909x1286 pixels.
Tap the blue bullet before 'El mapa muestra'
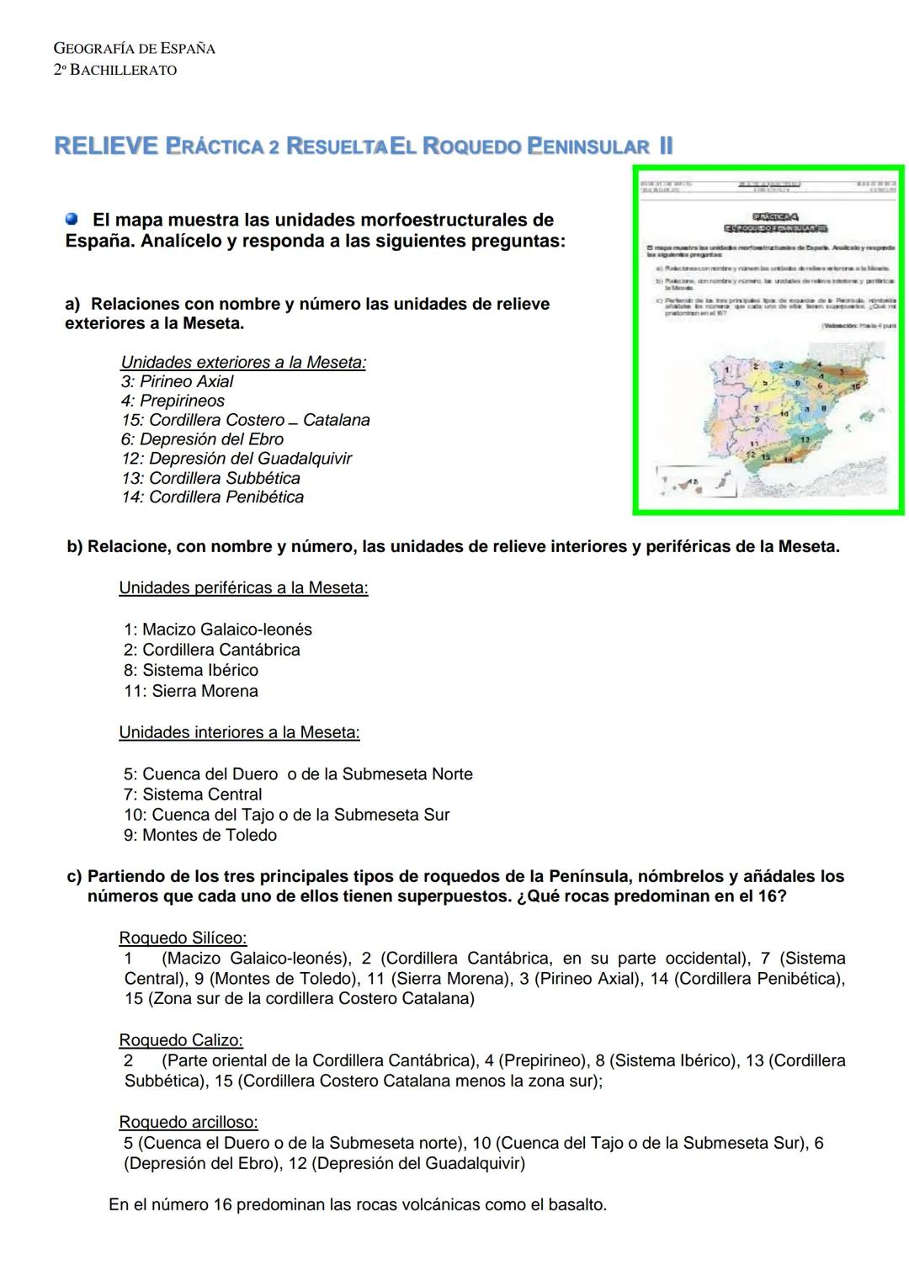(72, 219)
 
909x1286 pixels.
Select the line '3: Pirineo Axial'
(177, 381)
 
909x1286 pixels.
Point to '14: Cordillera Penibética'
(212, 497)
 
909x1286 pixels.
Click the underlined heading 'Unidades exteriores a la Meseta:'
(243, 363)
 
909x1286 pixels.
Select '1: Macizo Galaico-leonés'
(217, 630)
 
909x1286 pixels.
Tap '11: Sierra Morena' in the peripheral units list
(190, 691)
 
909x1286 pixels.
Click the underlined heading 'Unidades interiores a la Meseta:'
(239, 732)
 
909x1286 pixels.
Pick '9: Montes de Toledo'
(199, 836)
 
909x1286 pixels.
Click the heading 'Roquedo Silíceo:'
(183, 938)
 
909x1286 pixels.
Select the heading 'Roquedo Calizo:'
(180, 1040)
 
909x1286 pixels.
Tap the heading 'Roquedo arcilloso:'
(188, 1122)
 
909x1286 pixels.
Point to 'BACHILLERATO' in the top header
(123, 71)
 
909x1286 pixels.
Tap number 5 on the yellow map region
(765, 383)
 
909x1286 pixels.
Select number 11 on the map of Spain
(754, 444)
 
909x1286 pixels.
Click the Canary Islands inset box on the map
(697, 481)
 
